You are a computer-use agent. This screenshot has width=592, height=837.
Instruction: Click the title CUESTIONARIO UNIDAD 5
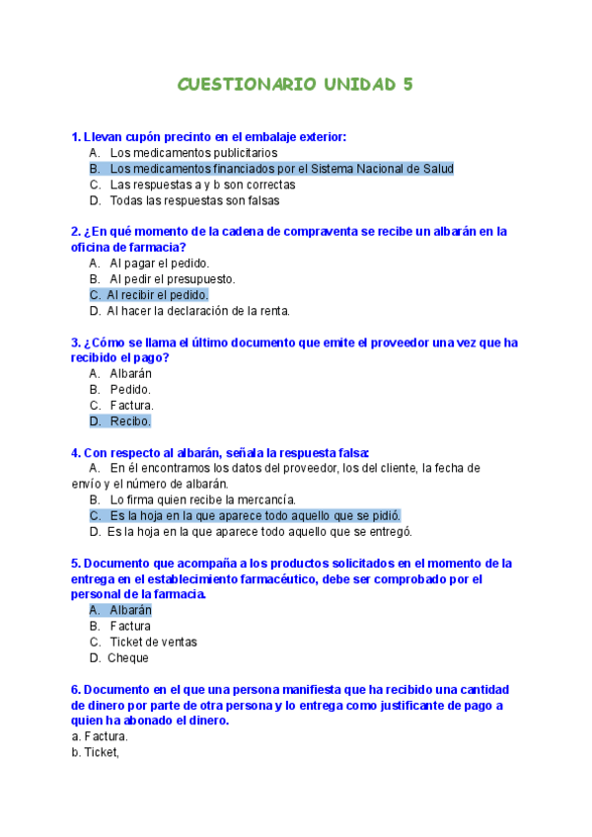pos(295,85)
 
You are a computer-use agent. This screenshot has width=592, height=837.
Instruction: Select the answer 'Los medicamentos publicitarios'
pos(193,153)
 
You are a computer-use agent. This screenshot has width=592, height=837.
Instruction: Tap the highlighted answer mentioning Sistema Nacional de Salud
pos(281,169)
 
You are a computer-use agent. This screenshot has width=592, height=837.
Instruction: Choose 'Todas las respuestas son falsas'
pos(194,200)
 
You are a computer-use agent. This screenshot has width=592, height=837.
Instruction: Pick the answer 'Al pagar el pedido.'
pos(159,264)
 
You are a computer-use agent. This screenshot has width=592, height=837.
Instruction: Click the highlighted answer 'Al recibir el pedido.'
pos(157,295)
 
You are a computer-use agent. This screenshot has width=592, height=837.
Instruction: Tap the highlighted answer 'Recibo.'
pos(129,421)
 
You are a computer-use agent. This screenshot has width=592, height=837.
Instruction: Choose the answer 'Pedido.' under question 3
pos(130,390)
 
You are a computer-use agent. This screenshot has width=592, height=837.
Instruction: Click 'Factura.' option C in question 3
pos(131,406)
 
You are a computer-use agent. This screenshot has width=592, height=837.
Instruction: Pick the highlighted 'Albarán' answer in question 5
pos(130,610)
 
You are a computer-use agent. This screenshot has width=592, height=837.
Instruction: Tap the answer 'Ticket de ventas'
pos(153,642)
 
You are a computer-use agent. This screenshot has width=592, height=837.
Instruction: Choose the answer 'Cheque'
pos(128,657)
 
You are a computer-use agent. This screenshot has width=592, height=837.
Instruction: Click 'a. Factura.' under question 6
pos(100,736)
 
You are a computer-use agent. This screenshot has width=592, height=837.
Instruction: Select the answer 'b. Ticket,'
pos(95,752)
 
